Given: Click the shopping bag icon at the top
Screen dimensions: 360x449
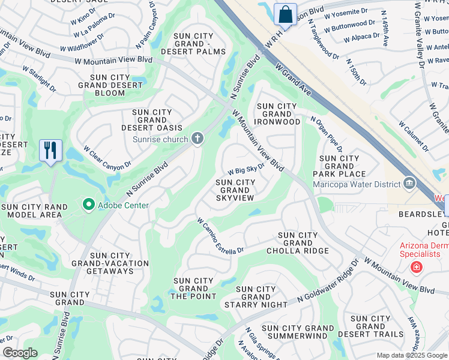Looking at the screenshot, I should click(285, 14).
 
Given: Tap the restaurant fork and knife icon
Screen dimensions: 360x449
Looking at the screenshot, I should click(50, 150).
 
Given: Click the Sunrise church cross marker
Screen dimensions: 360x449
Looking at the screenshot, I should click(197, 139).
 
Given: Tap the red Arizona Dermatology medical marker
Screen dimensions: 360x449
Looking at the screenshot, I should click(415, 267).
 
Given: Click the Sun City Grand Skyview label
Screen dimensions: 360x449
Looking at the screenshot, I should click(235, 190).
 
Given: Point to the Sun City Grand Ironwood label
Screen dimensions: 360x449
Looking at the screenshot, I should click(278, 114).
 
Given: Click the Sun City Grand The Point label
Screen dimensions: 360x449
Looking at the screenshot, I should click(193, 289).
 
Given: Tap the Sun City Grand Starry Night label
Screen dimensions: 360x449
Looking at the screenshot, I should click(256, 297).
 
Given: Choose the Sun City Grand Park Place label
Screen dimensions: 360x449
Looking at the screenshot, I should click(339, 166).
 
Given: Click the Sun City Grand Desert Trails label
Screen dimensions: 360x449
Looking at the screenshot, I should click(370, 326).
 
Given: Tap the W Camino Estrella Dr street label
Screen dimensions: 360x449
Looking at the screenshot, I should click(220, 236).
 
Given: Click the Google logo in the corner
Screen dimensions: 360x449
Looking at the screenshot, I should click(20, 353).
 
